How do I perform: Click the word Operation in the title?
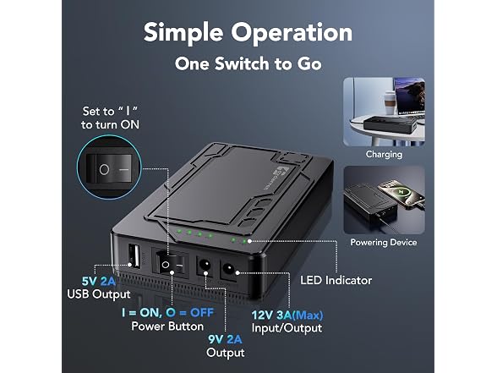tap(292, 33)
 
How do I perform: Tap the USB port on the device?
tap(134, 256)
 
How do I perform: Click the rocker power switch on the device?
tap(170, 264)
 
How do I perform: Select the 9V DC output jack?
tap(205, 264)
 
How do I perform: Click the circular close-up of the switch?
tap(109, 167)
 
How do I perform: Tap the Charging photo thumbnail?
tap(384, 112)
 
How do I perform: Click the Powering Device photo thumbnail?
tap(384, 200)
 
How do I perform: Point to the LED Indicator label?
tap(336, 281)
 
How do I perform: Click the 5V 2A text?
tap(99, 281)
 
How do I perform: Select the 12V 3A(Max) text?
tap(287, 315)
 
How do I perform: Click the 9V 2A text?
tap(225, 339)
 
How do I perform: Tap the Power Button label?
tap(167, 326)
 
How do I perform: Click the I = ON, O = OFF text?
tap(167, 313)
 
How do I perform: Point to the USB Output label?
tap(99, 294)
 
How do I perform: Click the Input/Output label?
tap(287, 328)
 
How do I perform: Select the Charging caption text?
tap(384, 155)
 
